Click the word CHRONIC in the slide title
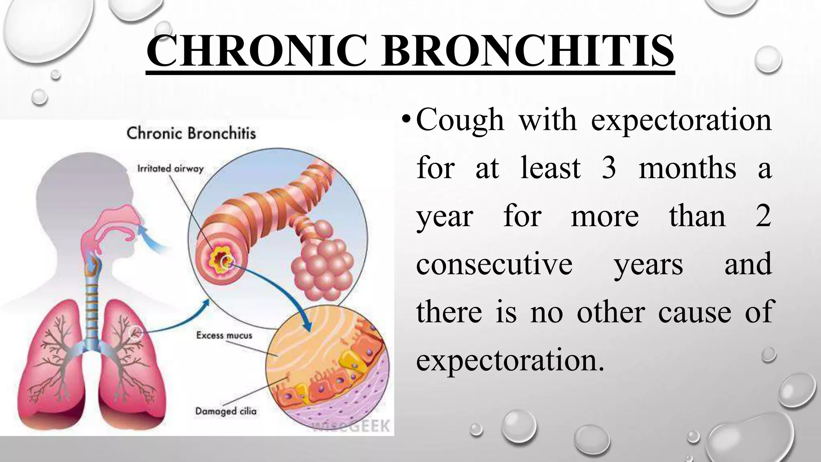257,51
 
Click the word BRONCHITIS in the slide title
528,51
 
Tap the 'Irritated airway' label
170,168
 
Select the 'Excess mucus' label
224,335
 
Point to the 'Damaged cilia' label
225,411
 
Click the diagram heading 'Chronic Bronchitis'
191,133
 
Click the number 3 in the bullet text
609,168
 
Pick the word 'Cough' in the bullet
460,120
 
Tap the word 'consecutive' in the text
494,264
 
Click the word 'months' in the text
687,168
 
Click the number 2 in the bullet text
763,216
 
